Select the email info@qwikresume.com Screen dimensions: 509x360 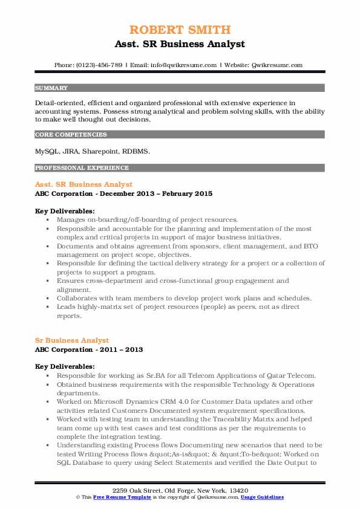pyautogui.click(x=175, y=65)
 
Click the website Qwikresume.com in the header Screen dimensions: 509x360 pyautogui.click(x=278, y=65)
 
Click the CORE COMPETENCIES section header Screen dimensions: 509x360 pyautogui.click(x=71, y=135)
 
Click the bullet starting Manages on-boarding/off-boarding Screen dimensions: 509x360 pyautogui.click(x=148, y=220)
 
